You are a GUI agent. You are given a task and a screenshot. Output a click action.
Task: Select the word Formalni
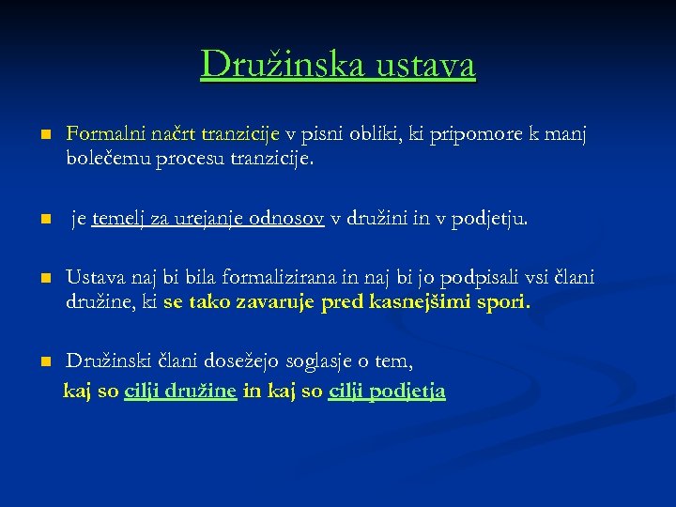(102, 136)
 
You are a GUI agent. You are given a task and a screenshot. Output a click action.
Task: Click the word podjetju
(488, 219)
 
